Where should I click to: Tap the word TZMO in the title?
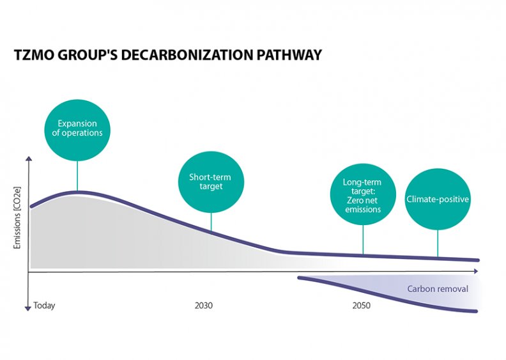(34, 56)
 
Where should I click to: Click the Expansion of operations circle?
(77, 128)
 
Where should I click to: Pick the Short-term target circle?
(206, 182)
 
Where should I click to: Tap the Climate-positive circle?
(438, 199)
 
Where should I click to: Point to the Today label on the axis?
(44, 306)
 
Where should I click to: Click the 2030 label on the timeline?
(204, 306)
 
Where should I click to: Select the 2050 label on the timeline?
(361, 306)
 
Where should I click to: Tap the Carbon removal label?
(438, 289)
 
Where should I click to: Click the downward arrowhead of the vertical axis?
(27, 308)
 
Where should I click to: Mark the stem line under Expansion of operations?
(77, 174)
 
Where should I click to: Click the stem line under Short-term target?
(211, 221)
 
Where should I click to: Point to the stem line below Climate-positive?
(438, 243)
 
